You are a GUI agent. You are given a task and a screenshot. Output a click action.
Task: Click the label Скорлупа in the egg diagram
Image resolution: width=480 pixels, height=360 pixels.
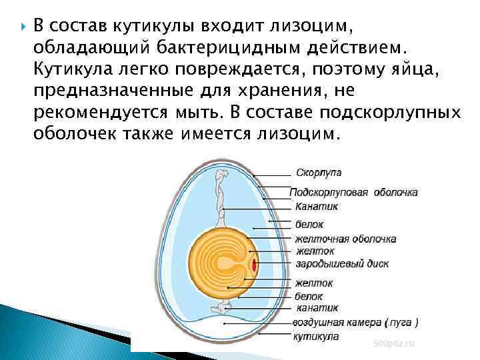pyautogui.click(x=318, y=173)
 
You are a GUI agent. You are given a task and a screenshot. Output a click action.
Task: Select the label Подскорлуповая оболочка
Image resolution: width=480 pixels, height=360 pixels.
pyautogui.click(x=354, y=192)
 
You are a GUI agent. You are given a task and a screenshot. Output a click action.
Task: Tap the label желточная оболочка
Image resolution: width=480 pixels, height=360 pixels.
pyautogui.click(x=345, y=238)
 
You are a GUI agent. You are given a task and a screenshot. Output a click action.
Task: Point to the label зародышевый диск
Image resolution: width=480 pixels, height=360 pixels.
pyautogui.click(x=341, y=263)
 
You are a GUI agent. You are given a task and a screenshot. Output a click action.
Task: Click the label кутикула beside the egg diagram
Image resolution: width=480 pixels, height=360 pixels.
pyautogui.click(x=316, y=336)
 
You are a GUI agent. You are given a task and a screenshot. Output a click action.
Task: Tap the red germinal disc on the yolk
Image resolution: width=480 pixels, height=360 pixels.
pyautogui.click(x=254, y=265)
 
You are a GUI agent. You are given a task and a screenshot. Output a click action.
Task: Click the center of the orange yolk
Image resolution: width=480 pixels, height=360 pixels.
pyautogui.click(x=222, y=264)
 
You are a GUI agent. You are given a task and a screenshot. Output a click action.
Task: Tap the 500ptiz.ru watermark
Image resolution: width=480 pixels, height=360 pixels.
pyautogui.click(x=394, y=343)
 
